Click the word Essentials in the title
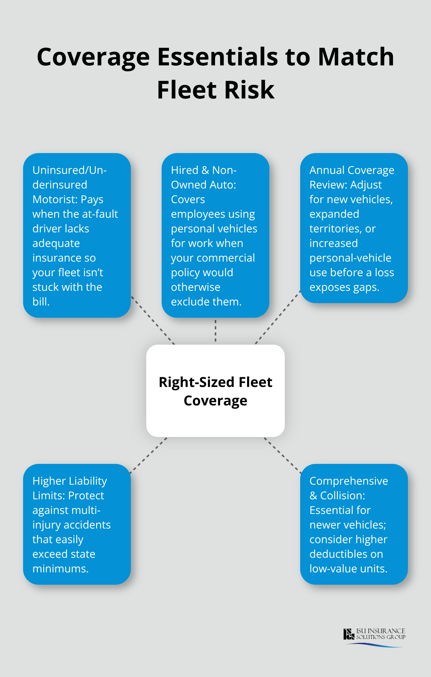pyautogui.click(x=218, y=57)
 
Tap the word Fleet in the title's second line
pyautogui.click(x=187, y=90)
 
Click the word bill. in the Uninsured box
pyautogui.click(x=41, y=302)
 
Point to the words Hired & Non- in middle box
pyautogui.click(x=204, y=170)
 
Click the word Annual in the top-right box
pyautogui.click(x=327, y=170)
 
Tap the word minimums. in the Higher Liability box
pyautogui.click(x=60, y=569)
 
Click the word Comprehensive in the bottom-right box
pyautogui.click(x=349, y=481)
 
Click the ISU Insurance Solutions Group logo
pyautogui.click(x=374, y=637)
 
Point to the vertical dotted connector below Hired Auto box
pyautogui.click(x=215, y=331)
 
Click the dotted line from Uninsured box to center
pyautogui.click(x=153, y=320)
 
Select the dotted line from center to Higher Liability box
pyautogui.click(x=149, y=455)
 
